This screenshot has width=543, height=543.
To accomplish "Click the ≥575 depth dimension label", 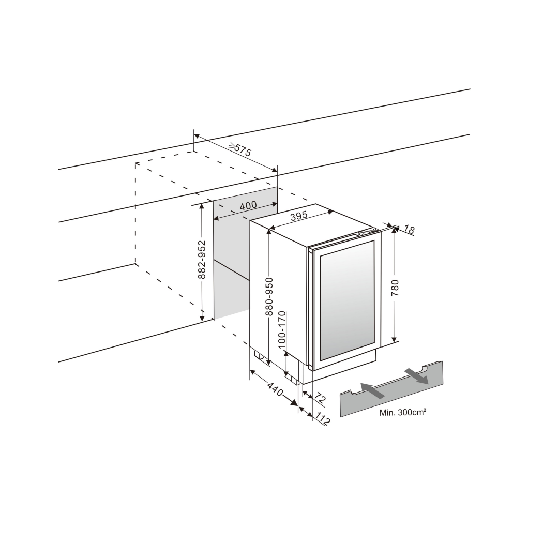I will point(239,150).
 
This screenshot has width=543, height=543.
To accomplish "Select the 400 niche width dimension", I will point(248,205).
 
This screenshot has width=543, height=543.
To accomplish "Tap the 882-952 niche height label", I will point(202,260).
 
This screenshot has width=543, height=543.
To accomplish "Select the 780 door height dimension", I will point(395,287).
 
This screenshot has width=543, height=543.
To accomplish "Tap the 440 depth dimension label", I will point(275,389).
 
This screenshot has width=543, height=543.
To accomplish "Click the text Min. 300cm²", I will point(403,413).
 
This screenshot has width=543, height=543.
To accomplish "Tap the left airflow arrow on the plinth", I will point(372,391).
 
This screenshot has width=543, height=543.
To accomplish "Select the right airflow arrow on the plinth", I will point(417,376).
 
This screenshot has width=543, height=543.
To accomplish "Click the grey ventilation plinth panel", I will point(393,393).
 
